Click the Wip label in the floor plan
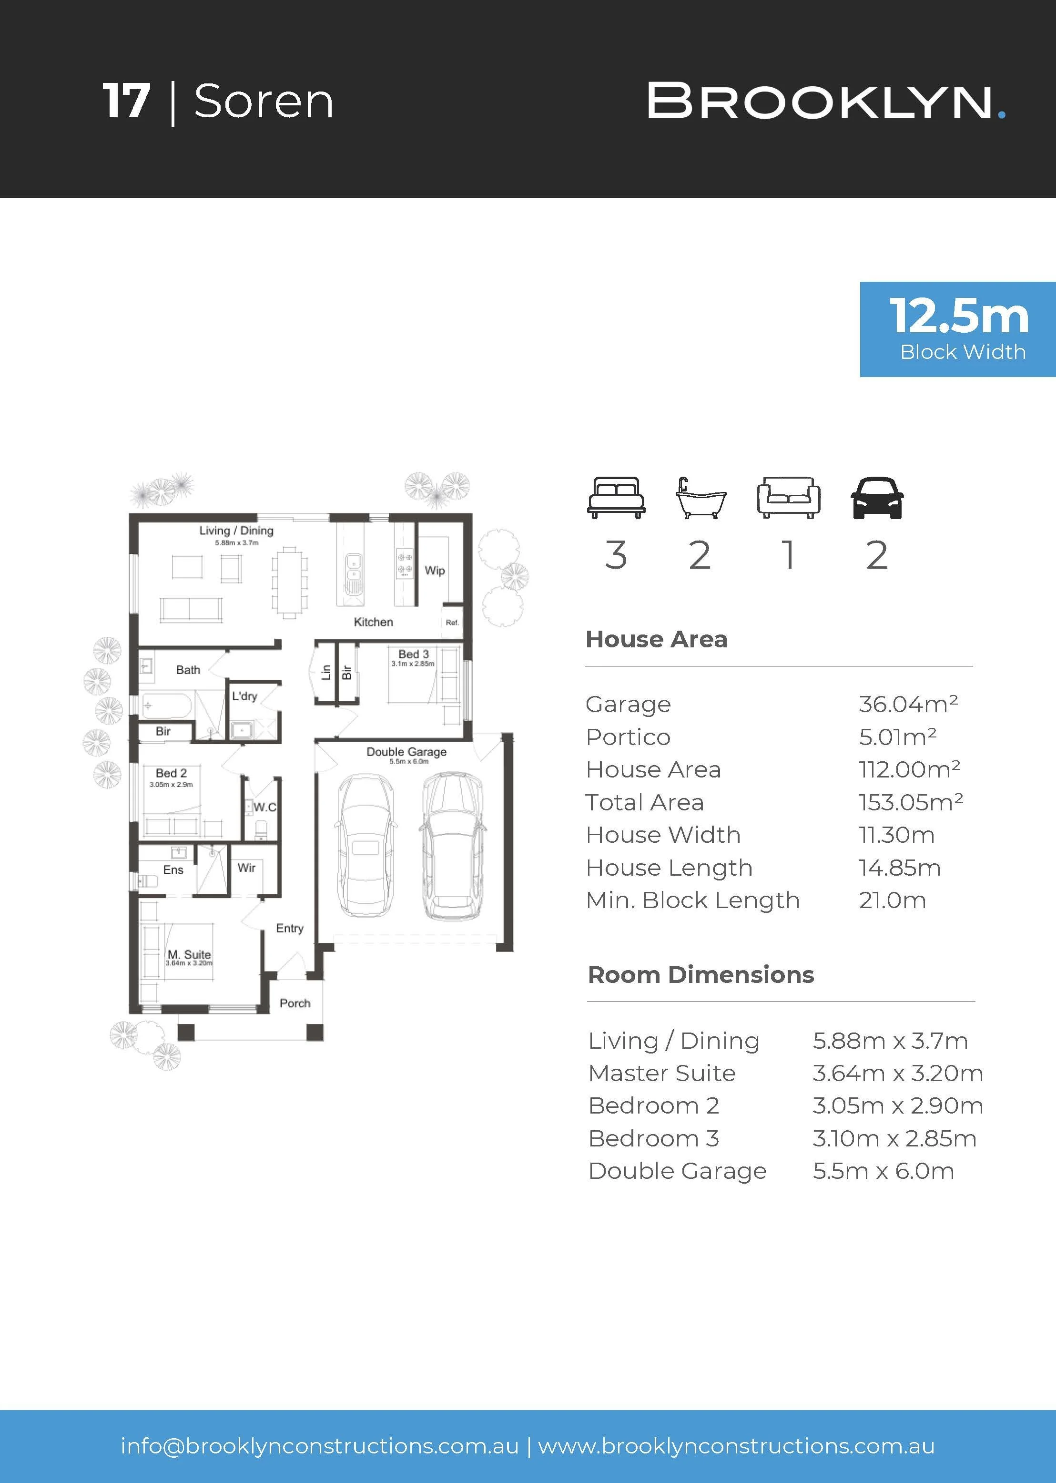click(435, 571)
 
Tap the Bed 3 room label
click(414, 654)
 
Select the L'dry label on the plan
click(244, 696)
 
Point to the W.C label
click(264, 807)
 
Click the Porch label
click(295, 1003)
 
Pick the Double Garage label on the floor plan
click(406, 752)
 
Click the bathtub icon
click(701, 498)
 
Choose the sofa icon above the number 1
click(788, 498)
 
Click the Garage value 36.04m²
click(908, 704)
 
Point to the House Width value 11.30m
click(897, 835)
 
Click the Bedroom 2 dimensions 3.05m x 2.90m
click(897, 1106)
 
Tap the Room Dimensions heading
click(701, 975)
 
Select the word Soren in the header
click(264, 102)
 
